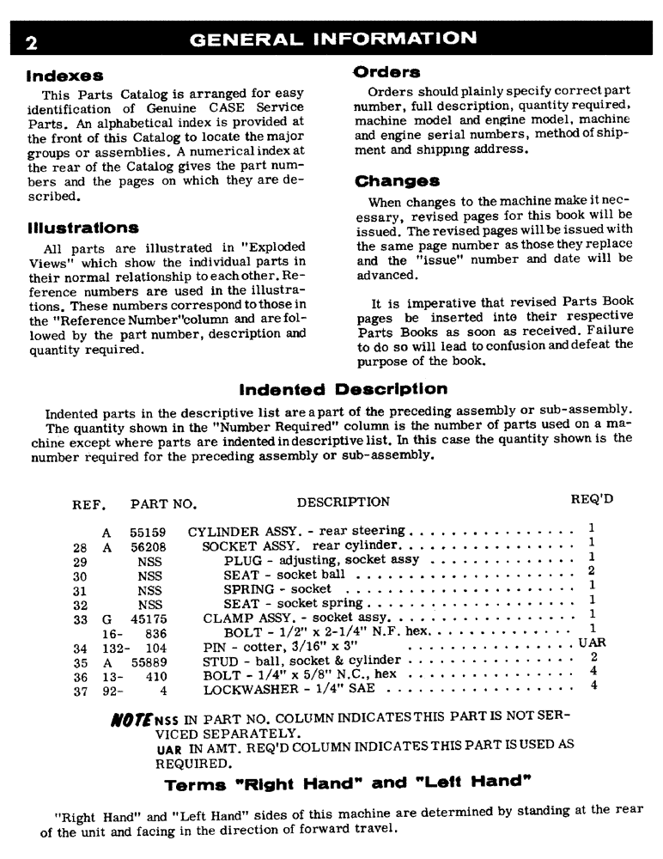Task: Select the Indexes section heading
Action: click(64, 76)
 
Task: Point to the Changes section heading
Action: click(397, 181)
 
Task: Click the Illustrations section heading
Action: click(82, 228)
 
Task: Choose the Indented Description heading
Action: click(344, 389)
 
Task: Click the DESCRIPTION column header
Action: click(343, 502)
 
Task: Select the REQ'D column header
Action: click(592, 499)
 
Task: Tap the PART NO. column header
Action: click(164, 503)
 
